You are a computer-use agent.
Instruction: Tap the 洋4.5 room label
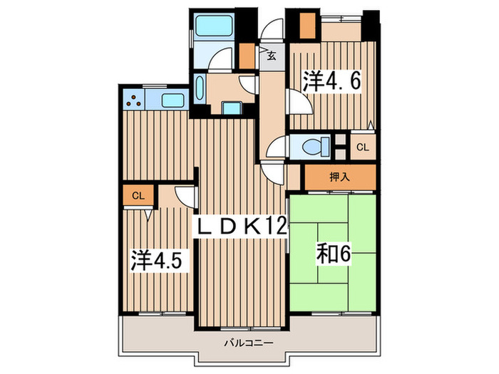coord(159,258)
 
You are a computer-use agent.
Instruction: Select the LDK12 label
coord(242,227)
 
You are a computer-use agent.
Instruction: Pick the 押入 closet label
coord(339,177)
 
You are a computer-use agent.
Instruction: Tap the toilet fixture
coord(314,147)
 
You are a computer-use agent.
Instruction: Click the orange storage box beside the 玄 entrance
coord(246,56)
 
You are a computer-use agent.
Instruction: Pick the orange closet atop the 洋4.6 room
coord(307,25)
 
